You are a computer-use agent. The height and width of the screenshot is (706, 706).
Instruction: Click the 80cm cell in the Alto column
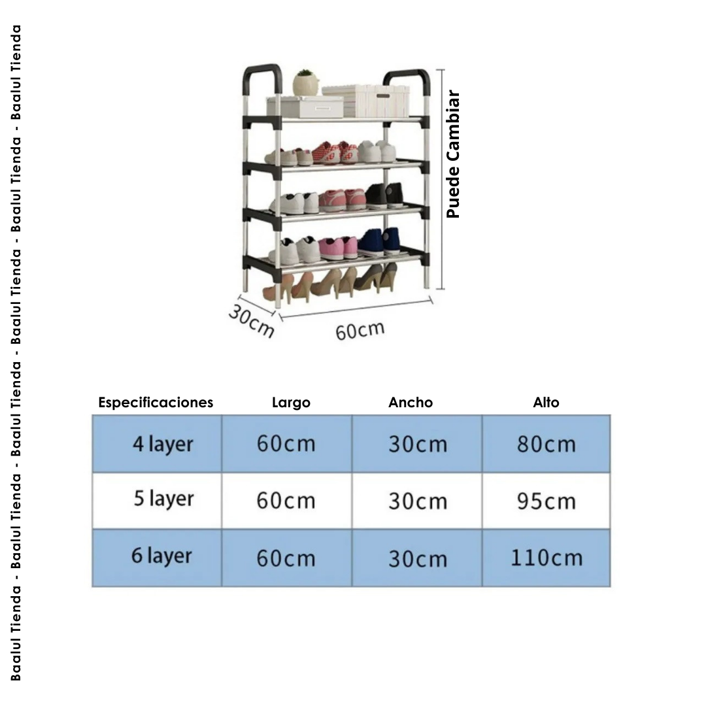click(x=546, y=444)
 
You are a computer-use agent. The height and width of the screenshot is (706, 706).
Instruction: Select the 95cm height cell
click(x=546, y=501)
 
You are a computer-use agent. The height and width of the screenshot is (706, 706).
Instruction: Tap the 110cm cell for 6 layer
click(x=546, y=558)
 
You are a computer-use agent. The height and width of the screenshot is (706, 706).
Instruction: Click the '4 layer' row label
click(x=163, y=444)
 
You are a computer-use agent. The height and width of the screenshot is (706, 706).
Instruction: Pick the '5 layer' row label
click(x=163, y=499)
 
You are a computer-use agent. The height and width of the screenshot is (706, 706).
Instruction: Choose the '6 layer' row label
click(x=161, y=556)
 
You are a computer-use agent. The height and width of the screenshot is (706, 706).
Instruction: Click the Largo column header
click(x=291, y=403)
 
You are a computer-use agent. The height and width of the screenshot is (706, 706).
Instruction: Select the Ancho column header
click(x=411, y=403)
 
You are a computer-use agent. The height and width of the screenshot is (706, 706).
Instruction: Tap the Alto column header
click(x=546, y=403)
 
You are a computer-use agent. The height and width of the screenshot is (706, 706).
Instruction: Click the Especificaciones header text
click(x=156, y=403)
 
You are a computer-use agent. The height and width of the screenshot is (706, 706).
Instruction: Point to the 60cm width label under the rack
click(x=360, y=330)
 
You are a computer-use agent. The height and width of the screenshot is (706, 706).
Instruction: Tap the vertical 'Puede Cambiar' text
click(x=454, y=154)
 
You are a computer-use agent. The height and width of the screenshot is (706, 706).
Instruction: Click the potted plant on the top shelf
click(x=306, y=84)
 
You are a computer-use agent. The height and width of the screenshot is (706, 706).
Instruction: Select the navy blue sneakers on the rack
click(x=380, y=241)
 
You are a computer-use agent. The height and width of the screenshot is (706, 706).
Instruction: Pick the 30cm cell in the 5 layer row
click(x=417, y=501)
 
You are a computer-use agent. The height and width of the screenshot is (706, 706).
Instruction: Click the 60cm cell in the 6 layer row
click(x=286, y=559)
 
